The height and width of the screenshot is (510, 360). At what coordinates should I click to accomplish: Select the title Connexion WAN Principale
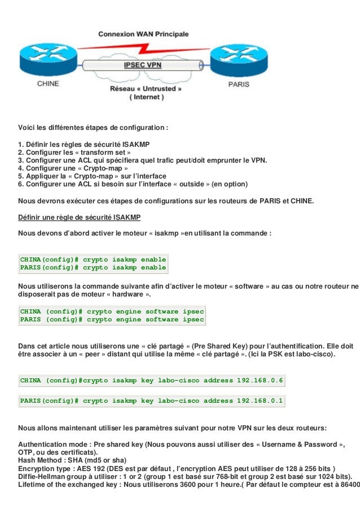(x=144, y=34)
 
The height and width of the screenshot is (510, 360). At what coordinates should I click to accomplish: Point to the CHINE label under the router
(x=48, y=84)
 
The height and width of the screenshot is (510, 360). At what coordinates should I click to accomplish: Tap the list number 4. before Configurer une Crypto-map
(x=21, y=168)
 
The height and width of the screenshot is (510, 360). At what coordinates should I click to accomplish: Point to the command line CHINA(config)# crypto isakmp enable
(x=93, y=259)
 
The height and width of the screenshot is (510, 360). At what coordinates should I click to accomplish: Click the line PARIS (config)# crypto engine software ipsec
(x=112, y=320)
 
